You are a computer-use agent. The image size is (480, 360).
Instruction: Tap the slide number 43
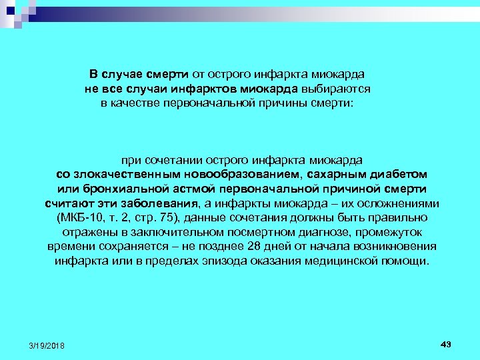coord(446,343)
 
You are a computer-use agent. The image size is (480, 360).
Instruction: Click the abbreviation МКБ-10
coord(81,218)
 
